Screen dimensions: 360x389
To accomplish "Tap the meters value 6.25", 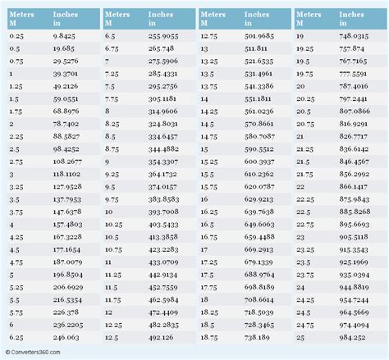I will (x=16, y=337).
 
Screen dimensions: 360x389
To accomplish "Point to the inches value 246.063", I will (x=66, y=337).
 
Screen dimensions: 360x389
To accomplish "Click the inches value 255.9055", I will (x=165, y=37).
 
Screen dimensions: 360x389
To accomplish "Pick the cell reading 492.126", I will (x=163, y=337).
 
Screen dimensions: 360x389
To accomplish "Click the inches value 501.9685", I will (x=260, y=37).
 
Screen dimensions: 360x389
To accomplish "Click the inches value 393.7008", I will (x=165, y=211).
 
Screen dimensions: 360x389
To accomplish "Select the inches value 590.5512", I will (x=260, y=150).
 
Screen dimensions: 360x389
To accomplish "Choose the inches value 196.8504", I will (x=68, y=276).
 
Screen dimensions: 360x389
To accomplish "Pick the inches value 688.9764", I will (x=260, y=276).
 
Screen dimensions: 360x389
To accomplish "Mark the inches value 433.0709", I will (x=165, y=262).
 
